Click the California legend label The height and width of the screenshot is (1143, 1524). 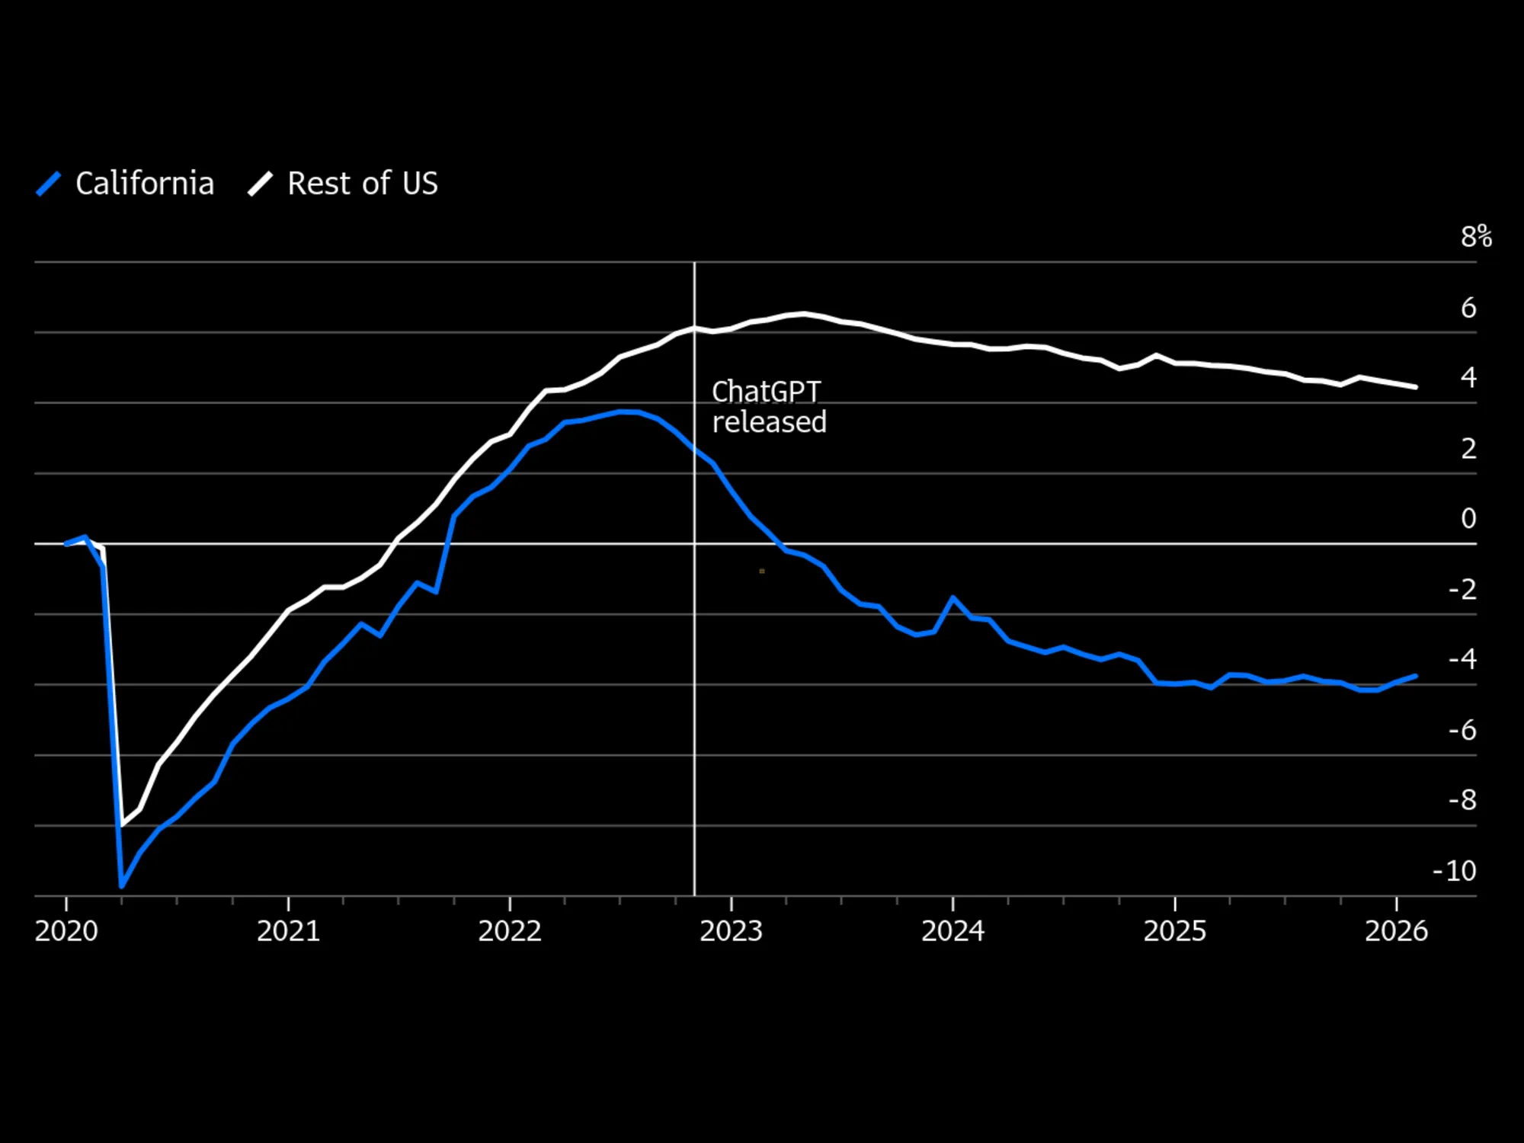coord(145,184)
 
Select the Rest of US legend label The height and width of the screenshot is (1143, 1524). coord(363,184)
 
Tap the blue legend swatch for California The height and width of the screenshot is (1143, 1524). coord(49,184)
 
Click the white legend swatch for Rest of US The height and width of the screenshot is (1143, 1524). coord(261,184)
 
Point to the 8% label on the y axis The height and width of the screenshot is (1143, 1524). coord(1476,236)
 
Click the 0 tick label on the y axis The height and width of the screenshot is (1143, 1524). coord(1468,518)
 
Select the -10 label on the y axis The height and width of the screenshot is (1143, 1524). coord(1455,870)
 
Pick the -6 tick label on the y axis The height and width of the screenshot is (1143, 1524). coord(1462,730)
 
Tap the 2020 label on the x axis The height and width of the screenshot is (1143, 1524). coord(66,931)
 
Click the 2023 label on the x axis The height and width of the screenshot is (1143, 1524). coord(732,931)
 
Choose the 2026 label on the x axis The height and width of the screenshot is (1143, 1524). coord(1396,931)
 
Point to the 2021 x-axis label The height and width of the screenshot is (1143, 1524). coord(288,931)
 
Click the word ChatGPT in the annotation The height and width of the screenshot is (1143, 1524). coord(766,392)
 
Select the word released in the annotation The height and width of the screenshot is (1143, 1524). coord(770,422)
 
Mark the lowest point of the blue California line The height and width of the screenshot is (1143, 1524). coord(122,886)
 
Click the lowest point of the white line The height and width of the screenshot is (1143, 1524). coord(123,824)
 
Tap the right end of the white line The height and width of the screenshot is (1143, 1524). coord(1416,387)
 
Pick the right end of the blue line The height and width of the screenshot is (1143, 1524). coord(1416,676)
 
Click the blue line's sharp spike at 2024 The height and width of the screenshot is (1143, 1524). coord(953,598)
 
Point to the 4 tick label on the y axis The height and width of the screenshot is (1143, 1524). coord(1468,377)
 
